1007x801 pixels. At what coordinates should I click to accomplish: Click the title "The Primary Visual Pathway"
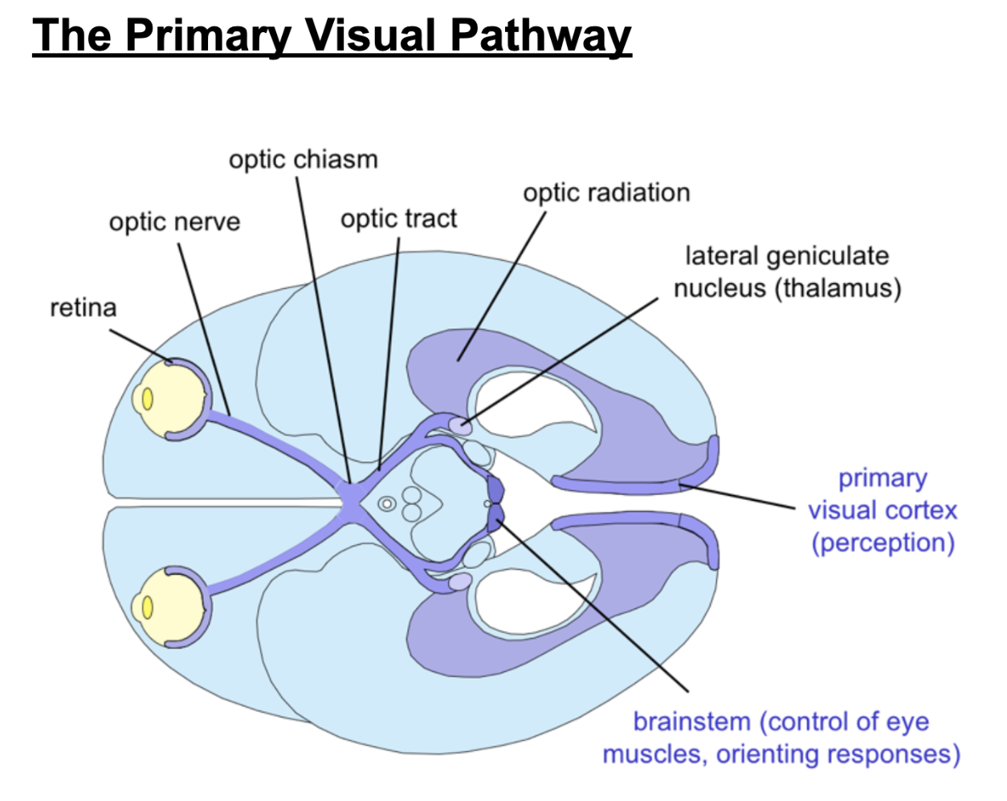(332, 36)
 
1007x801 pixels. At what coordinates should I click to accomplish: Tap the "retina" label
(83, 307)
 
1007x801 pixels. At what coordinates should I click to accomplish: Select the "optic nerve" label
(174, 222)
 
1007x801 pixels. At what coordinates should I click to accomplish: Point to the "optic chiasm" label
(303, 159)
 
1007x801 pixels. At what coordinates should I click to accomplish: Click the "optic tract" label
(398, 218)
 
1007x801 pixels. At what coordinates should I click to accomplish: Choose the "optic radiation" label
(606, 193)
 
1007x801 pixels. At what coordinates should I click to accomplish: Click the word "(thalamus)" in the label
(838, 288)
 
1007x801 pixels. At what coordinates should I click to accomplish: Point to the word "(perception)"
(883, 543)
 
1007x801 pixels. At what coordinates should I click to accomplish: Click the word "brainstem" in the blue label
(691, 722)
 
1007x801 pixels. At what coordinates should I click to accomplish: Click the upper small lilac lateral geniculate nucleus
(459, 425)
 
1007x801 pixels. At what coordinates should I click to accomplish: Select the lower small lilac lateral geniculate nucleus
(459, 582)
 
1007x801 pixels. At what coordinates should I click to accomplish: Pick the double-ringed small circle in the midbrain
(387, 504)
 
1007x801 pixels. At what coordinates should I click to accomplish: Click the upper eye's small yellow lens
(148, 398)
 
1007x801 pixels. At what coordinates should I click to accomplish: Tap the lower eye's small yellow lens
(148, 608)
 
